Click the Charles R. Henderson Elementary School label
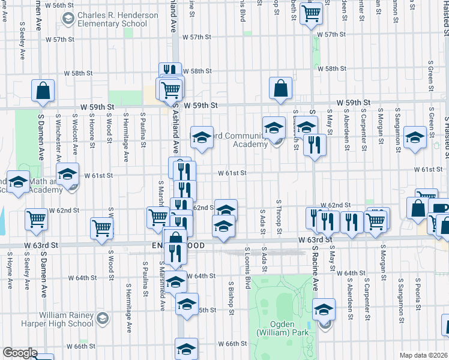tap(112, 19)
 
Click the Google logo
tap(19, 353)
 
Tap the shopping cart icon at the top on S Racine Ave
tap(312, 12)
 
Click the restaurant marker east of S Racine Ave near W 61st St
tap(315, 145)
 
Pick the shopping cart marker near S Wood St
tap(101, 228)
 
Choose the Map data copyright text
tap(423, 355)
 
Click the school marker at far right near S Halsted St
tap(415, 137)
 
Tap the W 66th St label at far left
tap(82, 347)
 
